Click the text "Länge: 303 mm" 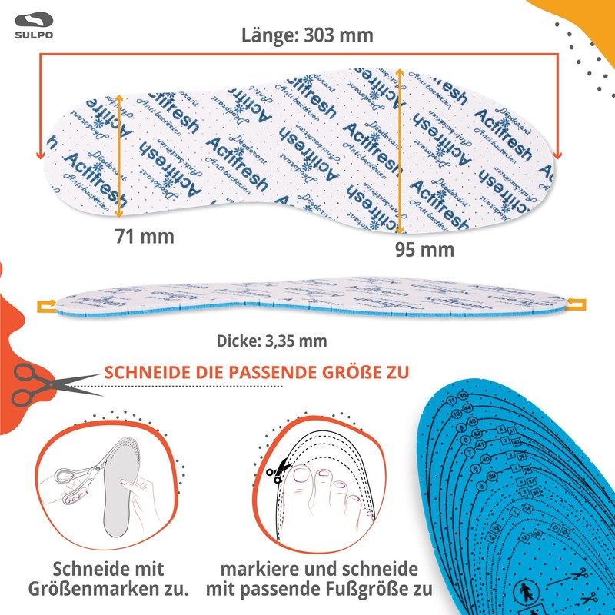[307, 35]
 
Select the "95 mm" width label [424, 249]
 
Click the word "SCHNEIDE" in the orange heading [143, 373]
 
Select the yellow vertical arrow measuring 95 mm [401, 150]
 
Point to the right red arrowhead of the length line [557, 154]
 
